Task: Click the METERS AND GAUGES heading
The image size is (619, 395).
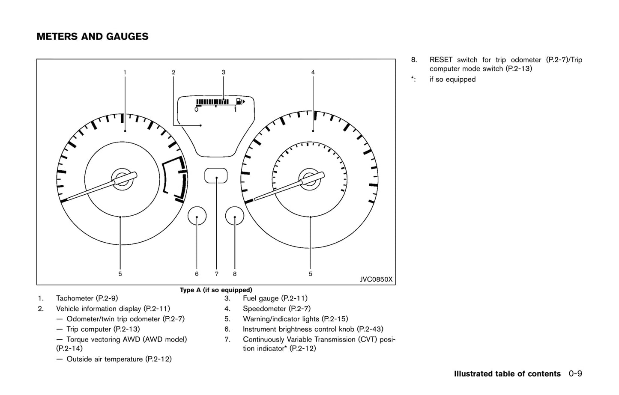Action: [x=93, y=37]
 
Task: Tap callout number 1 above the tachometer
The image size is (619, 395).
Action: [x=125, y=72]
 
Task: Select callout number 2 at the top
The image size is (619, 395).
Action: [x=173, y=72]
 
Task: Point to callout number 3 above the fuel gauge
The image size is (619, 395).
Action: [x=223, y=72]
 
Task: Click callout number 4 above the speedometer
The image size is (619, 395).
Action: [x=313, y=72]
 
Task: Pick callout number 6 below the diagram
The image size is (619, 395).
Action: [x=197, y=274]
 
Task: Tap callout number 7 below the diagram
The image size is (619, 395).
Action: [x=217, y=274]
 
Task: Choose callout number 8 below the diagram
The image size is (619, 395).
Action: [x=235, y=274]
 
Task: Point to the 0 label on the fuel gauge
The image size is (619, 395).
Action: [x=196, y=110]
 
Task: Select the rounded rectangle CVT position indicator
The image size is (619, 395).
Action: [x=216, y=175]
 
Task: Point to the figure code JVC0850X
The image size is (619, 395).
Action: [x=376, y=279]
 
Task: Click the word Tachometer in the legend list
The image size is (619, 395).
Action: [x=75, y=298]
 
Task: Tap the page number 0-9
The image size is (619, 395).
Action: [x=575, y=374]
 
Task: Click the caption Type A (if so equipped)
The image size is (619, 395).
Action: [x=216, y=290]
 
